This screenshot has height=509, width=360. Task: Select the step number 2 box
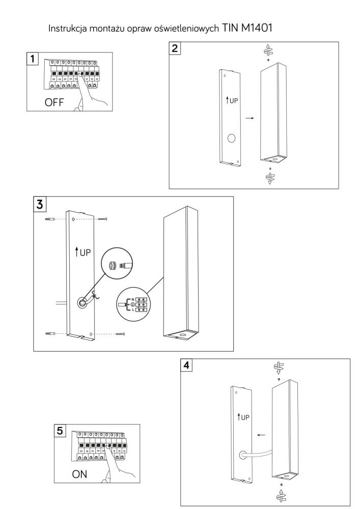tap(175, 49)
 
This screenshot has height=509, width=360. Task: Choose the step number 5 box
tap(61, 431)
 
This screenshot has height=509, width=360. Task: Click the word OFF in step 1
tap(54, 102)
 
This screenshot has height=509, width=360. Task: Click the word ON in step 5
tap(80, 474)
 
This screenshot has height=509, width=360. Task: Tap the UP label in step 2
tap(232, 100)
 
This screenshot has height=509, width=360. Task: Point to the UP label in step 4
tap(244, 417)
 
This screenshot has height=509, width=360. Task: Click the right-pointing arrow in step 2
tap(250, 118)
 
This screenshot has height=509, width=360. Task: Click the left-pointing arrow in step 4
tap(261, 435)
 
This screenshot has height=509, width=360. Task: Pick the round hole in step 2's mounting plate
tap(232, 138)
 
